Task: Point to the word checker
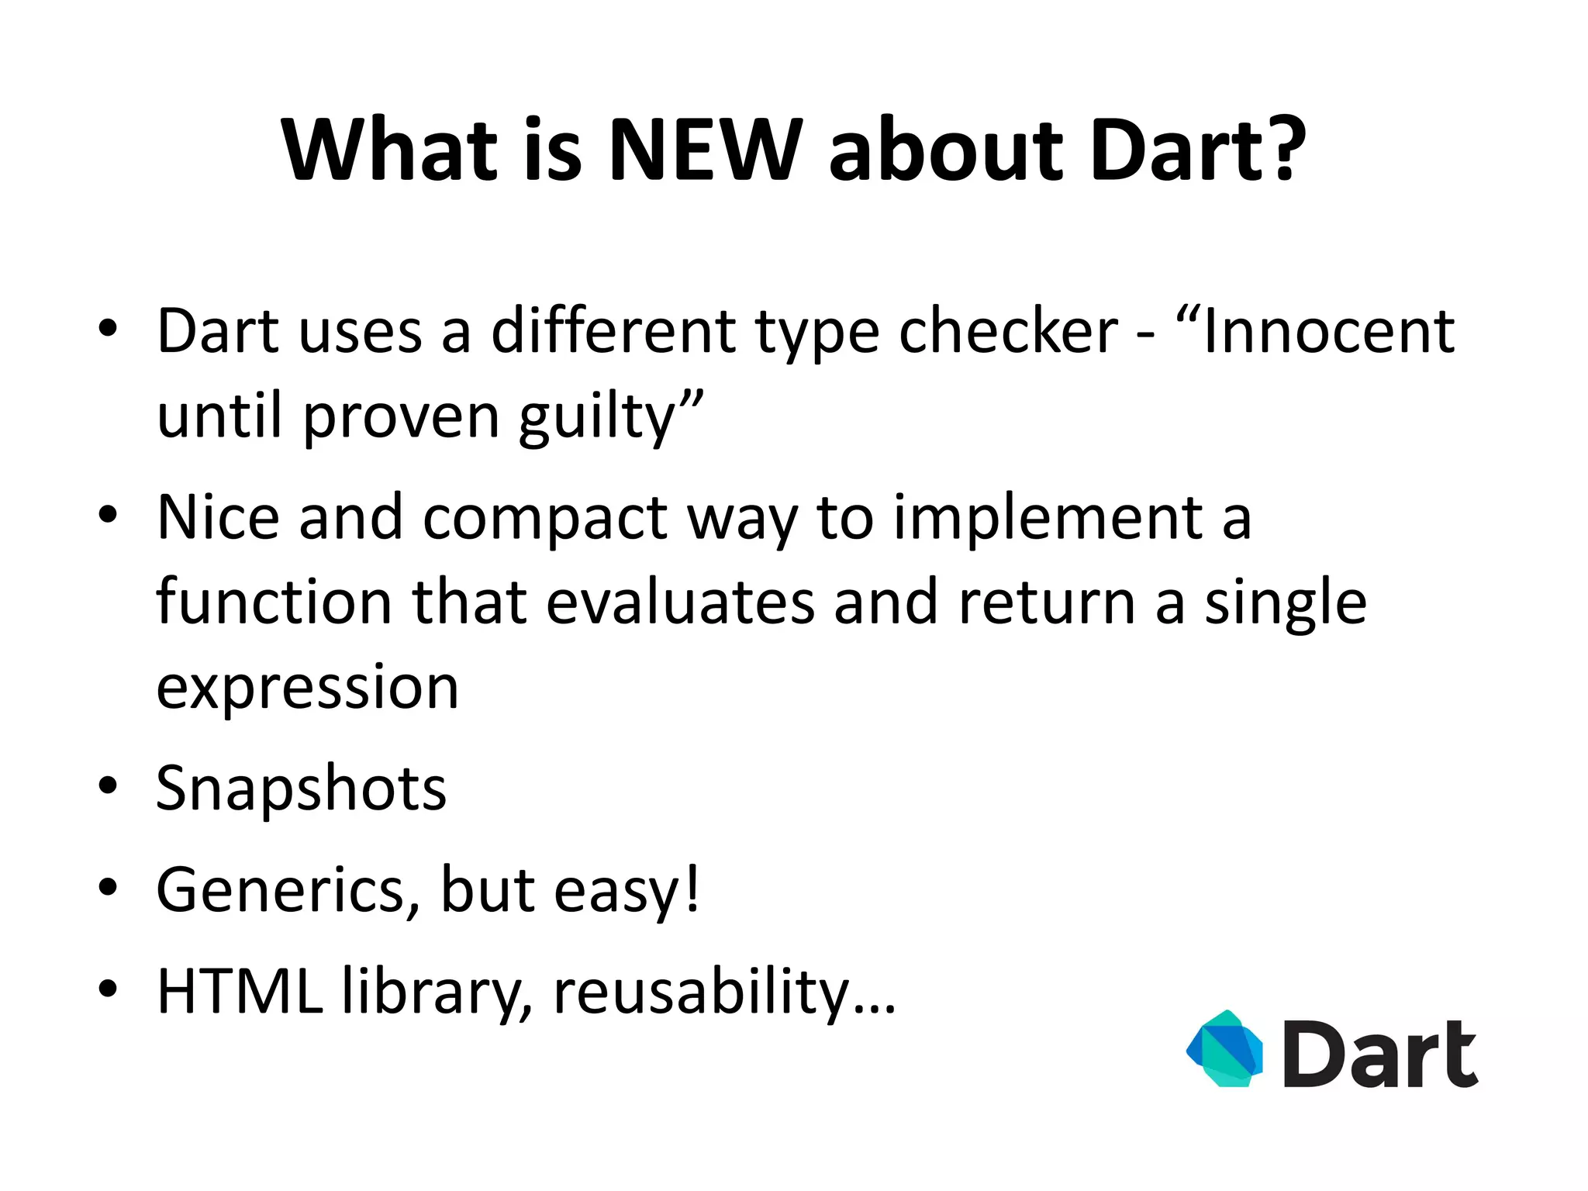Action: coord(1008,332)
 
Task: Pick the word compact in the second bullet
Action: coord(544,518)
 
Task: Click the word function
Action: coord(274,602)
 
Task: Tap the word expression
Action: coord(307,689)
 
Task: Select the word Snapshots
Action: coord(301,789)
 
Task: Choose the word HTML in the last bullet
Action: coord(240,991)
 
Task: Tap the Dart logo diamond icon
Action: coord(1225,1048)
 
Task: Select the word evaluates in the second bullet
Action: coord(680,602)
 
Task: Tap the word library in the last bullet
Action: coord(437,992)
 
